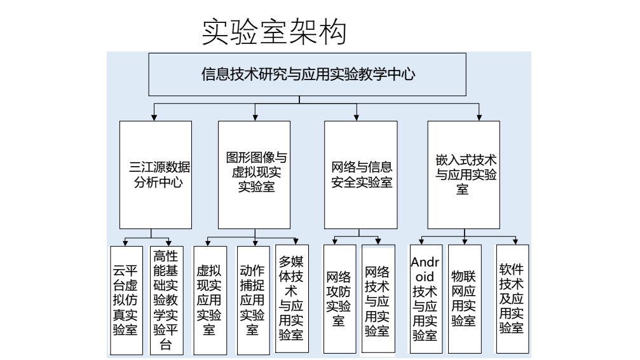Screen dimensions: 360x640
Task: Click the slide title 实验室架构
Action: (x=274, y=32)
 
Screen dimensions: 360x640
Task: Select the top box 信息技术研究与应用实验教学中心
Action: (x=308, y=75)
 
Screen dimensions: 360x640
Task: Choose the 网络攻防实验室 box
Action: (x=339, y=299)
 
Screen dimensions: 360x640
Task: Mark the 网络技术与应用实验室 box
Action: (x=378, y=299)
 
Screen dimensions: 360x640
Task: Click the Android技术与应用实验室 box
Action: (x=425, y=299)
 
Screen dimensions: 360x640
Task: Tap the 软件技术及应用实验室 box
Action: (x=512, y=299)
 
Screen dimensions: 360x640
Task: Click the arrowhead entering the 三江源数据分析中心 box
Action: (x=153, y=117)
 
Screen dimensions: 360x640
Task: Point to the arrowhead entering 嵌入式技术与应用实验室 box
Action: (x=479, y=117)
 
